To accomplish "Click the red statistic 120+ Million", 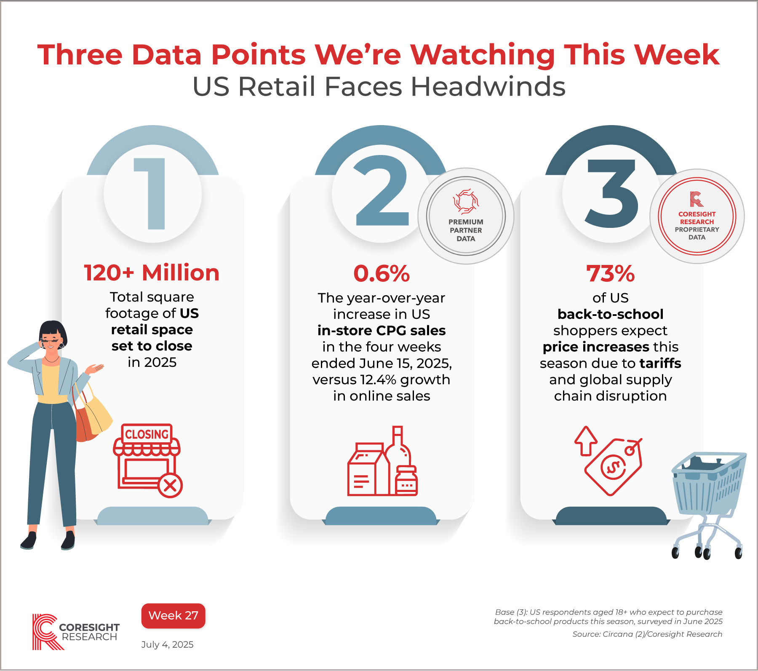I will (x=152, y=273).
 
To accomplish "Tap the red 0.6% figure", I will (x=382, y=274).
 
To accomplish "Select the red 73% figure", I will (x=610, y=274).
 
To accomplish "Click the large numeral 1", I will (x=152, y=194).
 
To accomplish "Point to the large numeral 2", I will (x=382, y=192).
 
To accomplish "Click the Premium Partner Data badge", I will (x=466, y=216).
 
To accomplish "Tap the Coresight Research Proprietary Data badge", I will (x=697, y=217).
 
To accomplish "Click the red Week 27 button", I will (x=173, y=615).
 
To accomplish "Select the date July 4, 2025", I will (x=167, y=644).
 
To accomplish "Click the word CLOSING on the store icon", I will (x=147, y=434).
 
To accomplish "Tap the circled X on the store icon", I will (x=170, y=486).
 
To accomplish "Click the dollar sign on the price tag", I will (x=613, y=467).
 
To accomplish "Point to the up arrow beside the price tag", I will (x=586, y=440).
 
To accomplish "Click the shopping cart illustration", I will (x=707, y=501).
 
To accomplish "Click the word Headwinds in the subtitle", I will (x=488, y=87).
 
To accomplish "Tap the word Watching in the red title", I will (x=483, y=55).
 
